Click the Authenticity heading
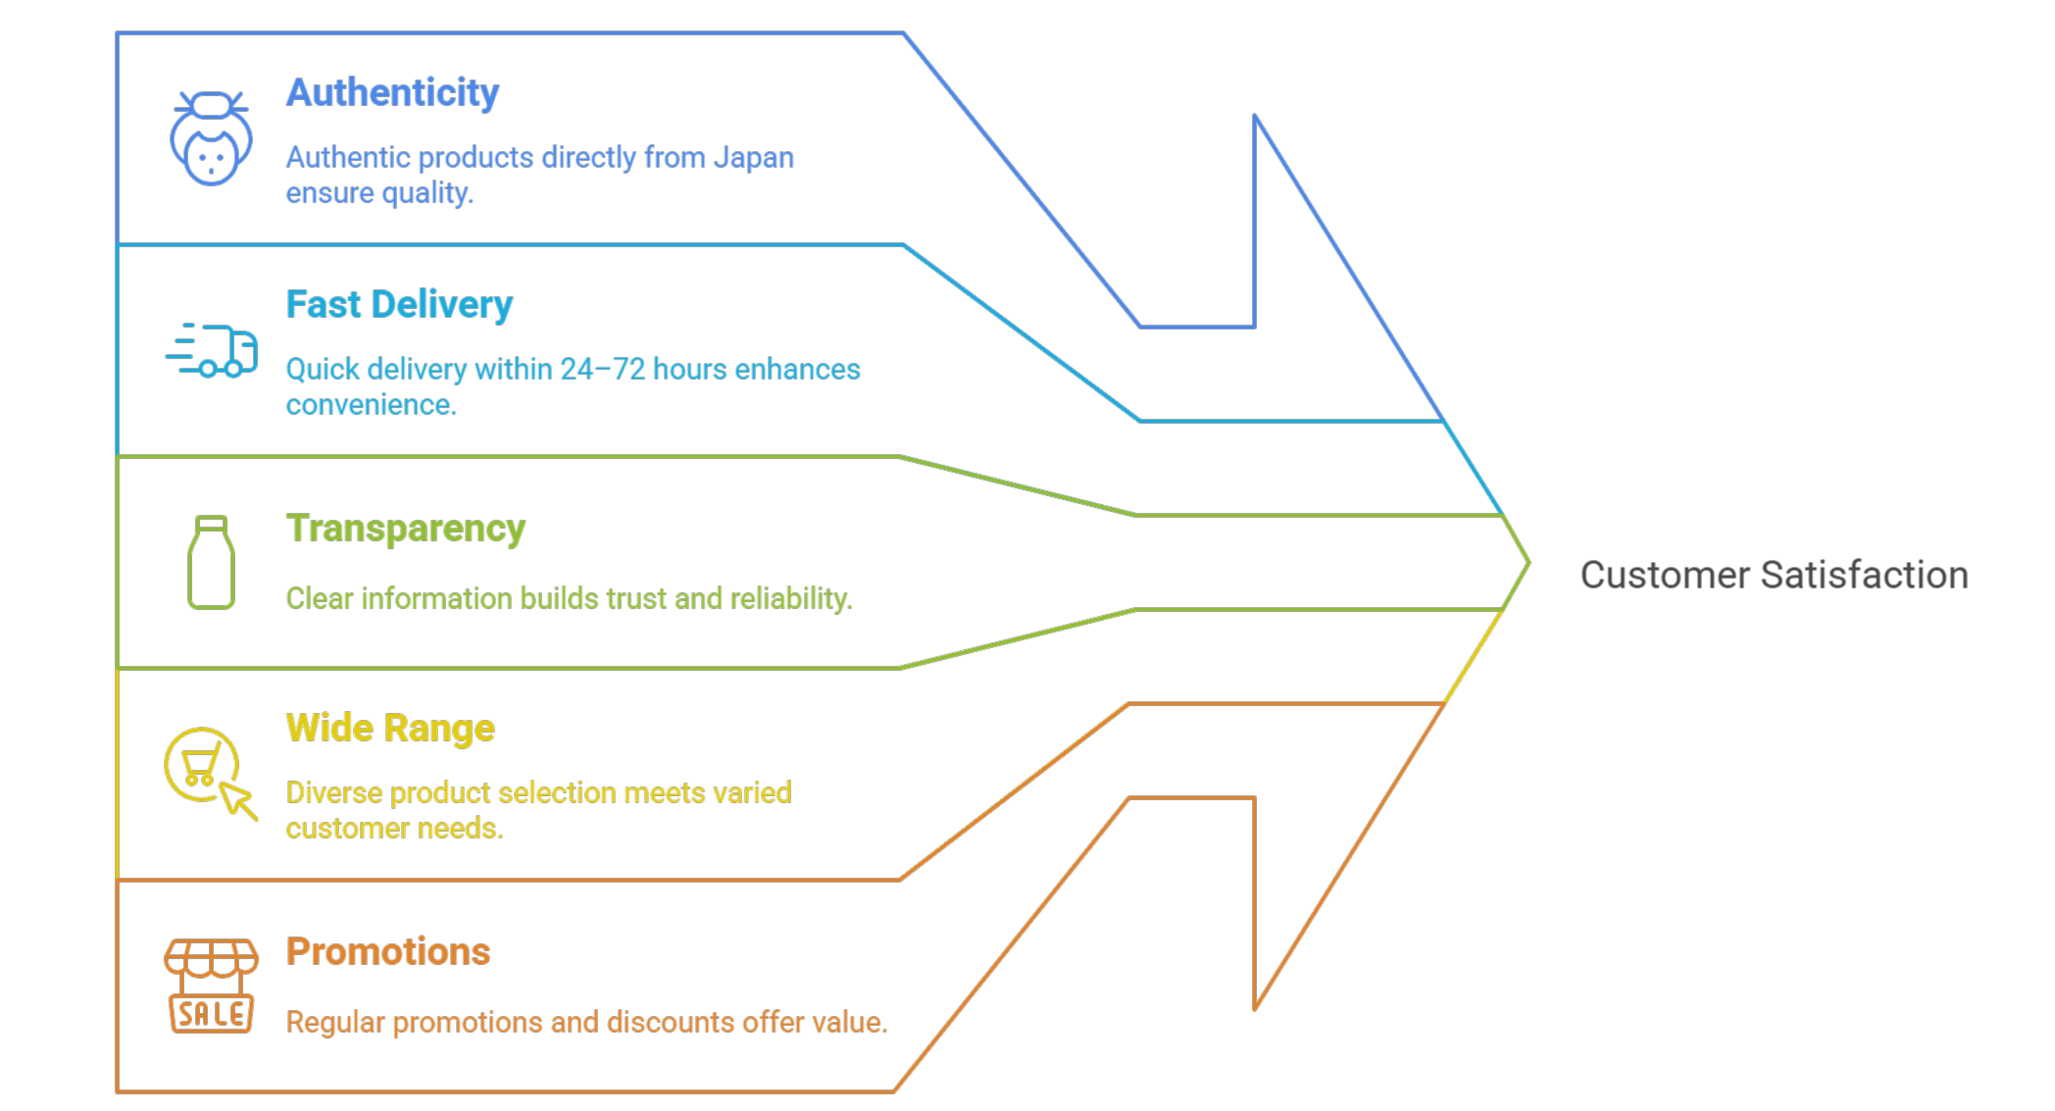coord(392,93)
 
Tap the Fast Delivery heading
coord(399,305)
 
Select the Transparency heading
coord(405,529)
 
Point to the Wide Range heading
coord(390,729)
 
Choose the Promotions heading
coord(388,952)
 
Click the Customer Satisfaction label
coord(1774,576)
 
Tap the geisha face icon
coord(211,138)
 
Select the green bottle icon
coord(211,563)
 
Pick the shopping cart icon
coord(201,764)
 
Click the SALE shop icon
coord(211,985)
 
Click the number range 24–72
coord(602,370)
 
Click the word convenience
coord(371,405)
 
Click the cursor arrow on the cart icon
coord(238,800)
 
